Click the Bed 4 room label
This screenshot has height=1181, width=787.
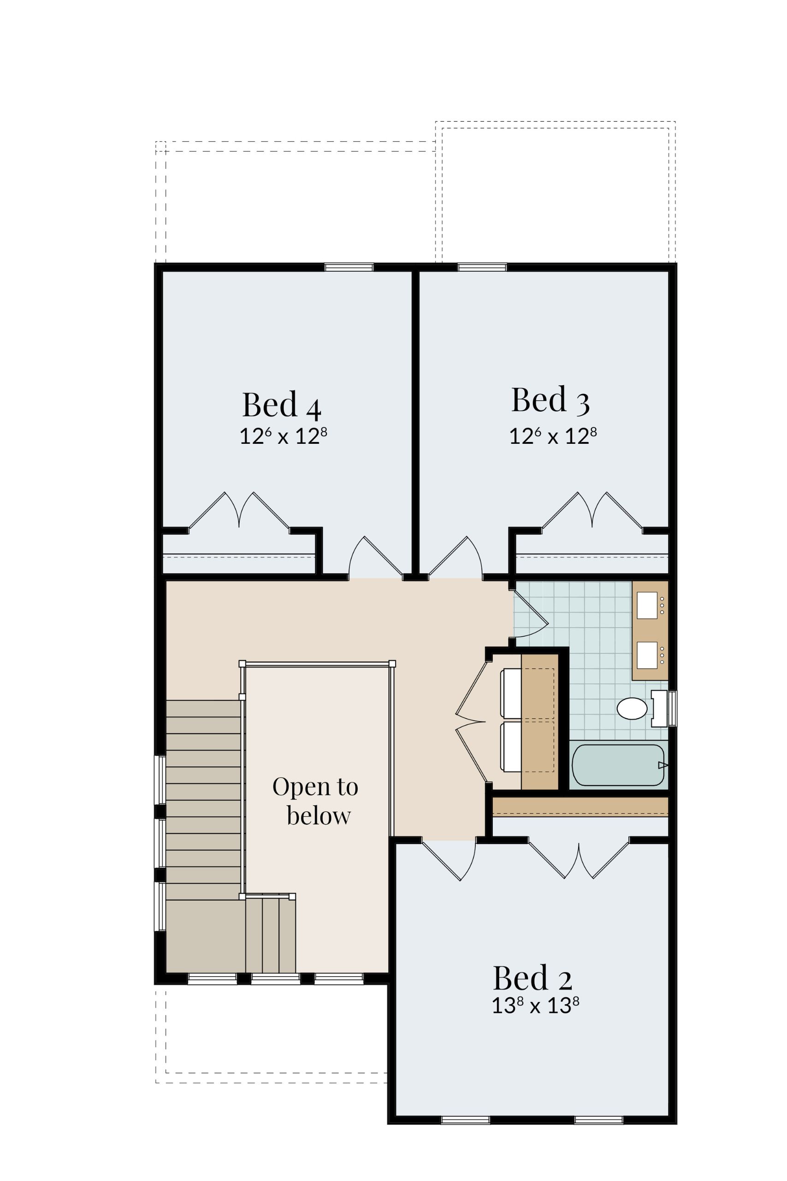[x=282, y=405]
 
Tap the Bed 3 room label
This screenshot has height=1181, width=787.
[x=550, y=400]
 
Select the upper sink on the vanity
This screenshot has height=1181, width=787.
[x=647, y=605]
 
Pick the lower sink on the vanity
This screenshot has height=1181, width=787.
[x=647, y=655]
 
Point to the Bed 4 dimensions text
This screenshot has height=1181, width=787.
[x=284, y=436]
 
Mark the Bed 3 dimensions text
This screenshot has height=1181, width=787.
[x=553, y=436]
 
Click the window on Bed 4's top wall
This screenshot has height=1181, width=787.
[x=349, y=267]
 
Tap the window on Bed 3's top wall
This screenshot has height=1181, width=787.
[x=482, y=267]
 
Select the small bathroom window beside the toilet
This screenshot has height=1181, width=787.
[x=673, y=708]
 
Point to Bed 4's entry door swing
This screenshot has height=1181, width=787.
[x=375, y=557]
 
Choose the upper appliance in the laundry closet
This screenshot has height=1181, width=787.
[x=511, y=693]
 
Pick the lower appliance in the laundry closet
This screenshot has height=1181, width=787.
[x=511, y=747]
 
